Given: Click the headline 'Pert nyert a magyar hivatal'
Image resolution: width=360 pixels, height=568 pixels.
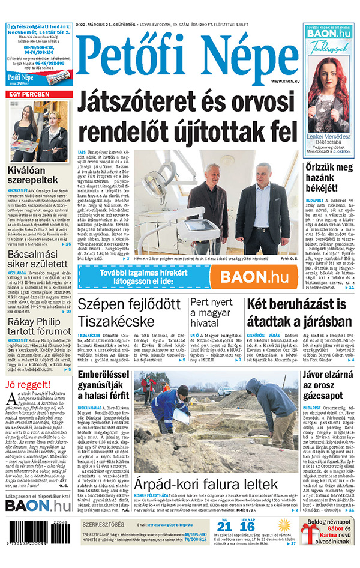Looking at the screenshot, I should (215, 312).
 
